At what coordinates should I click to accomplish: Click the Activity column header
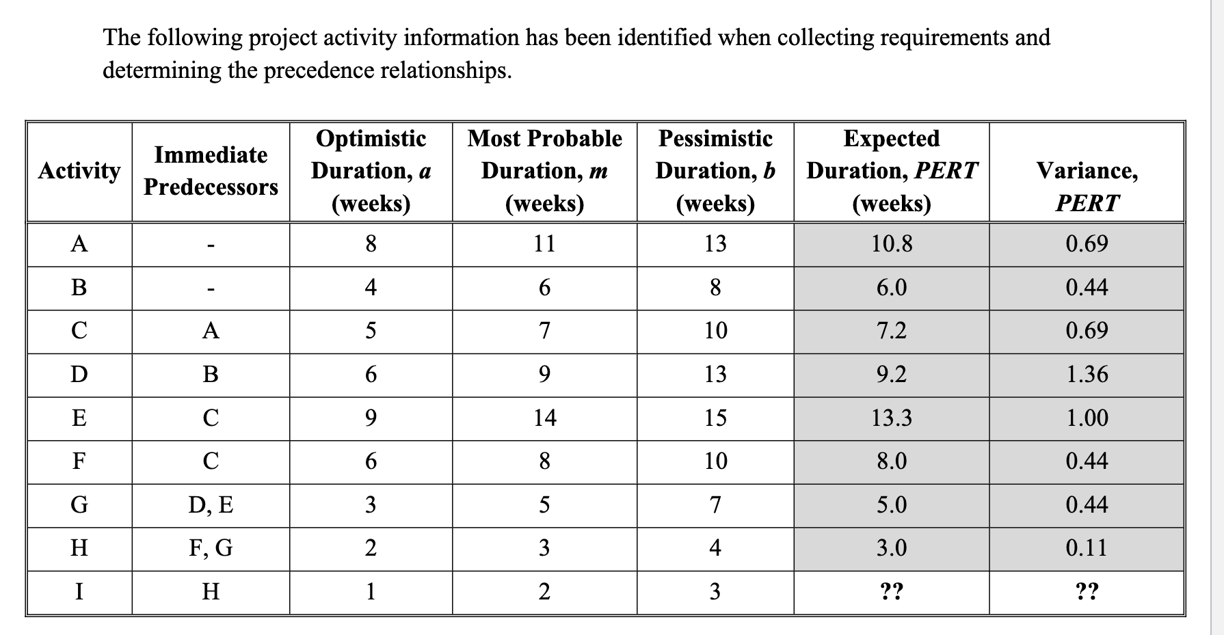pos(79,171)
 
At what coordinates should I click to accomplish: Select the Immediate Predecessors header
pos(211,171)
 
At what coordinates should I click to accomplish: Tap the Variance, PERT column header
pos(1087,186)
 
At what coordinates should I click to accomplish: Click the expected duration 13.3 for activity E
pos(891,418)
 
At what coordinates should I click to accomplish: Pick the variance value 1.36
pos(1087,375)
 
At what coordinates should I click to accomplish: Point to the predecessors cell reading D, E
pos(211,505)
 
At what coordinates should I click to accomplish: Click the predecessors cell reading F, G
pos(211,548)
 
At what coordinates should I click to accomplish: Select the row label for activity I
pos(79,591)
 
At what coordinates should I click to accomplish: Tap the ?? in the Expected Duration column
pos(891,591)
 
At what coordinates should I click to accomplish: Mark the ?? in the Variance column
pos(1087,591)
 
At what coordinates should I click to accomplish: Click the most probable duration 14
pos(544,418)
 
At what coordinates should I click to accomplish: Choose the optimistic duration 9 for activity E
pos(370,418)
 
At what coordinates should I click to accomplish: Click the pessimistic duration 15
pos(715,418)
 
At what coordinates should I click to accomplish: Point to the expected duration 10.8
pos(891,244)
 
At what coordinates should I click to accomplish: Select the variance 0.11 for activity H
pos(1087,548)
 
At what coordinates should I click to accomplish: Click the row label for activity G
pos(79,505)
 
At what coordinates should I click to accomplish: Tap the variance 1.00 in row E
pos(1087,418)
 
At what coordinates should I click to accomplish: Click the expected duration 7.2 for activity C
pos(891,331)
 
